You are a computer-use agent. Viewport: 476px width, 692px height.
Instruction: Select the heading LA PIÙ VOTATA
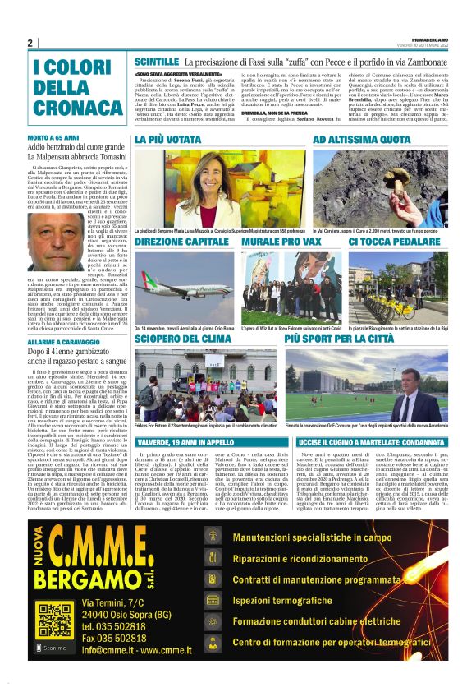tap(167, 141)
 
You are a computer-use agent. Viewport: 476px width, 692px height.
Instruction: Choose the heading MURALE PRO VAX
tap(278, 243)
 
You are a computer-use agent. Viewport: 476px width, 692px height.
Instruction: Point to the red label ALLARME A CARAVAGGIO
tap(65, 339)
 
